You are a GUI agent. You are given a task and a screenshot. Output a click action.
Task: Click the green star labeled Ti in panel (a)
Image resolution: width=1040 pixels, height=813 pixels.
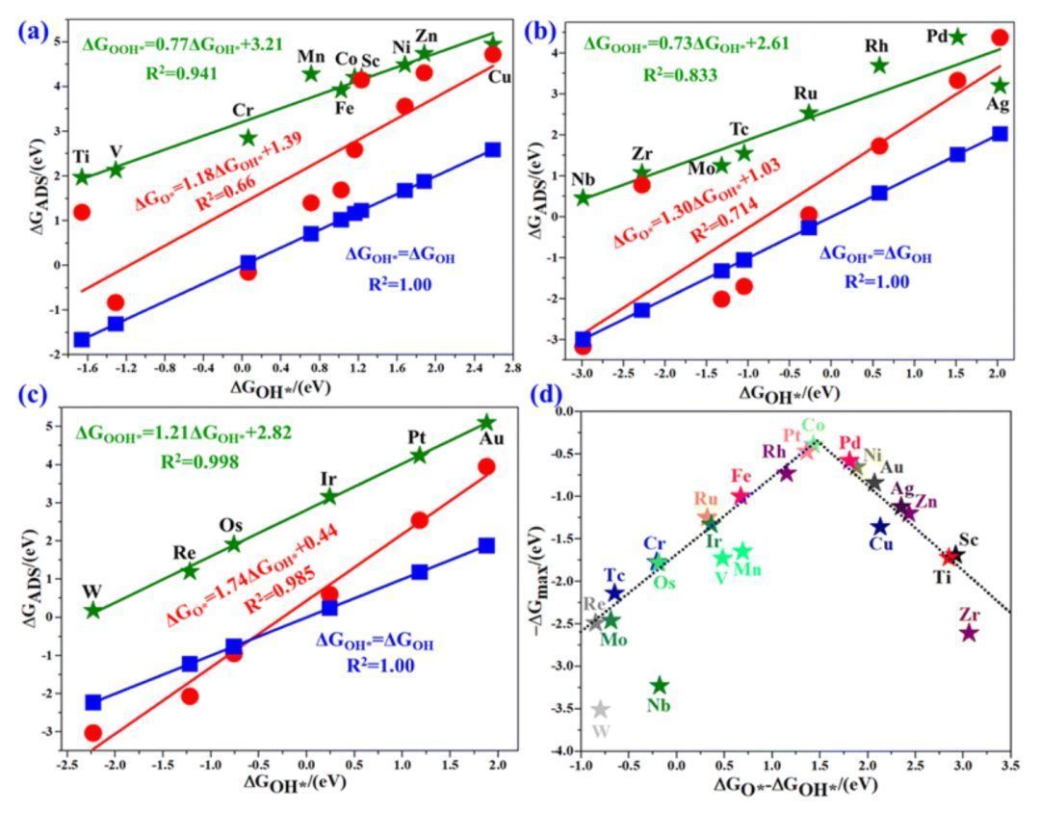(82, 176)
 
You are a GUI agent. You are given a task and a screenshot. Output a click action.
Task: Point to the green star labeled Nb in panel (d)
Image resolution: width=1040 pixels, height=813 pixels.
(660, 686)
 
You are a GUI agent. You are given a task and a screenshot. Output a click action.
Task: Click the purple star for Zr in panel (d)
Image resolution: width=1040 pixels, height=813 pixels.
(969, 633)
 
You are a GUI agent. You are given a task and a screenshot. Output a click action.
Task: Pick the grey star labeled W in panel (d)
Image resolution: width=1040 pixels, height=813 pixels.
(600, 710)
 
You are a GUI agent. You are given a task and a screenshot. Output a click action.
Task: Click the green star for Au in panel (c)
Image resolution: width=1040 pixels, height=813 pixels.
(486, 422)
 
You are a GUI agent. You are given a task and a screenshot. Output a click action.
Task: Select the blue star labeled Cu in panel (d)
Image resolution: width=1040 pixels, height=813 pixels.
(880, 527)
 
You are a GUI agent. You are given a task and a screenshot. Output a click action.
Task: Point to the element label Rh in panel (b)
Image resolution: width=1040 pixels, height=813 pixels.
(877, 43)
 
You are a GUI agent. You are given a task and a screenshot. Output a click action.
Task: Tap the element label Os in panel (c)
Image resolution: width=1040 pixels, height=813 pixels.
(232, 525)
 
